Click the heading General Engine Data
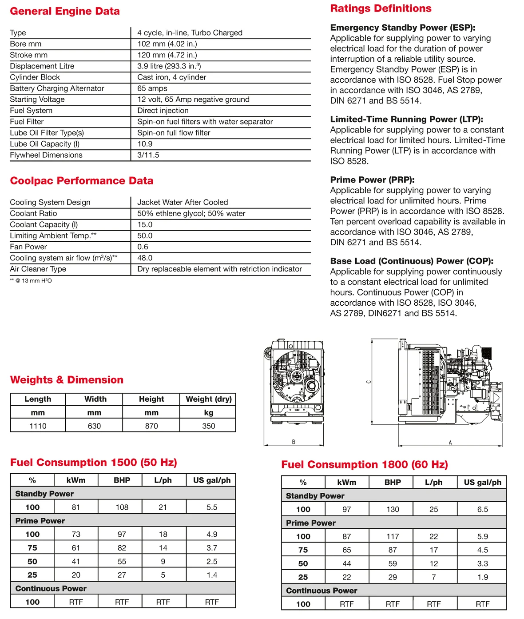[65, 11]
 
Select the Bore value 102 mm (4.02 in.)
[167, 44]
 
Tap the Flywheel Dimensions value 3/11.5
[148, 155]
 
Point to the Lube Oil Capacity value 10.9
[145, 144]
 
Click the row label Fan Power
[28, 247]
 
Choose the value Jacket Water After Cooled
[183, 202]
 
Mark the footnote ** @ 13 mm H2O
[31, 281]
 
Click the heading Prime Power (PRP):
[372, 180]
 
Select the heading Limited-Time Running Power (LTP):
[406, 120]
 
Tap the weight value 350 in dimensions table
[209, 426]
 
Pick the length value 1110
[38, 426]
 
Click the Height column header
[151, 399]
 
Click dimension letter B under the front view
[294, 442]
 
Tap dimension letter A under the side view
[450, 443]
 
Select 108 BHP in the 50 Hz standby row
[122, 507]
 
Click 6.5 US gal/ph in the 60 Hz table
[482, 510]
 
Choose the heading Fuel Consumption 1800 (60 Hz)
[365, 465]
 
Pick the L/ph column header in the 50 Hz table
[163, 480]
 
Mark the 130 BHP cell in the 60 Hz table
[393, 510]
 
